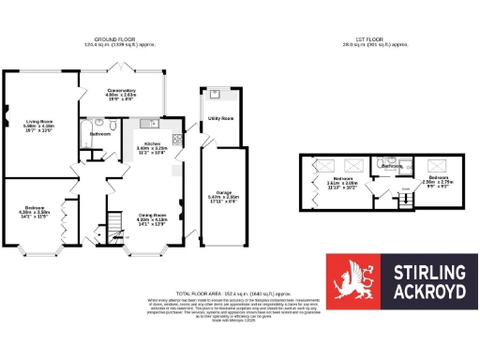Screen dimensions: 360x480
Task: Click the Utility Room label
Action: pyautogui.click(x=220, y=119)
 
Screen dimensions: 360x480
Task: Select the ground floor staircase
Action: pyautogui.click(x=113, y=225)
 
